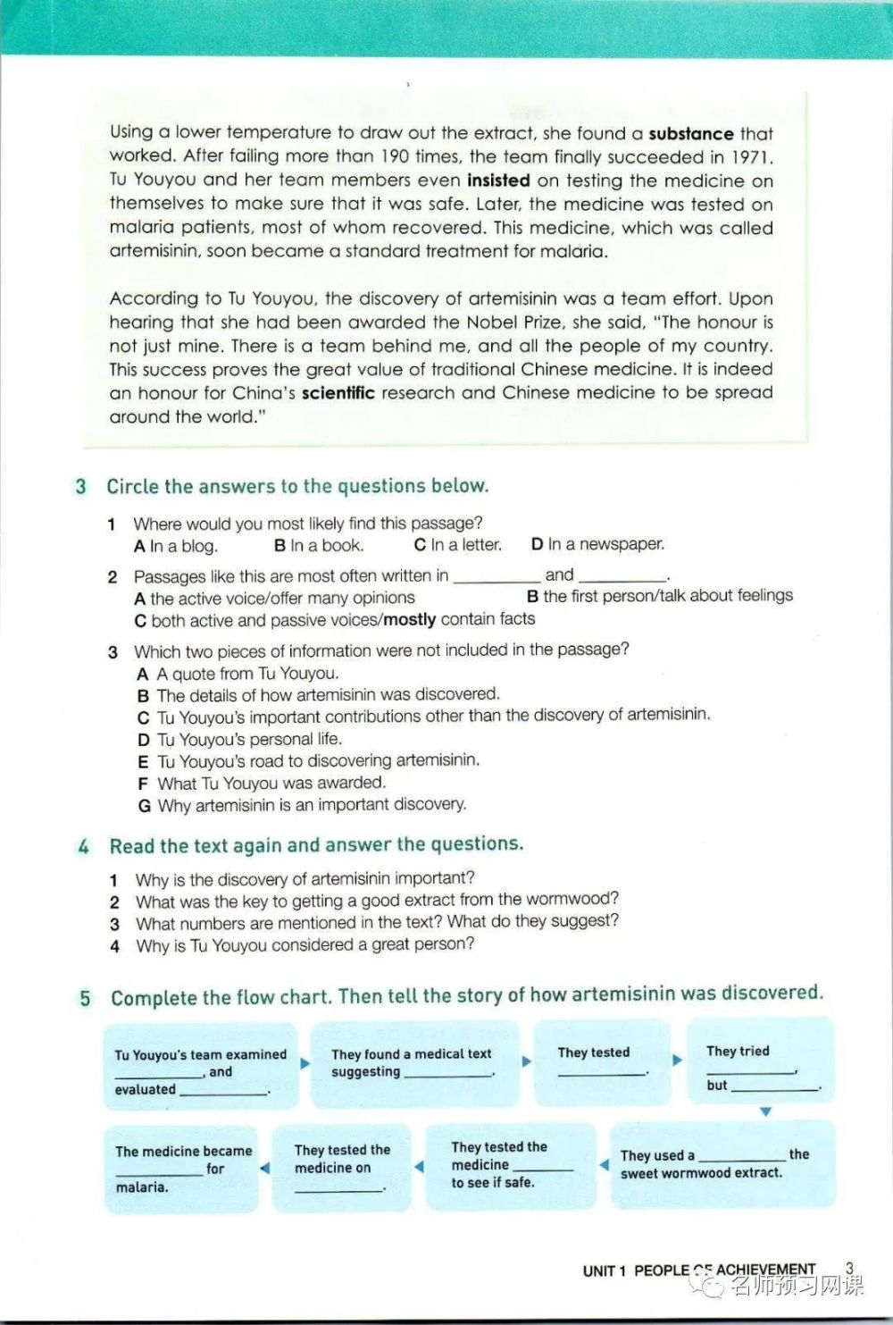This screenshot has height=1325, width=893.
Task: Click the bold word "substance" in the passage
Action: pyautogui.click(x=690, y=134)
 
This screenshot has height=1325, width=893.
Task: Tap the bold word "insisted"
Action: pyautogui.click(x=498, y=180)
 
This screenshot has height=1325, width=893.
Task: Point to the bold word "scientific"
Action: pyautogui.click(x=338, y=393)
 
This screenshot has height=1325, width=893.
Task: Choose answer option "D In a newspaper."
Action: pyautogui.click(x=597, y=544)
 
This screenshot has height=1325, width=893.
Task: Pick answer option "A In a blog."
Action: pyautogui.click(x=176, y=546)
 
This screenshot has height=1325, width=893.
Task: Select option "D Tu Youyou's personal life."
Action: pyautogui.click(x=239, y=740)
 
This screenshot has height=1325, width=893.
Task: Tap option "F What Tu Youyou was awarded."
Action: pyautogui.click(x=262, y=784)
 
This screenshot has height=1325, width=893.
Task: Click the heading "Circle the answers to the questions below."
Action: pyautogui.click(x=297, y=486)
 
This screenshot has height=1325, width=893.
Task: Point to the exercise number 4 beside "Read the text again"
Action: pyautogui.click(x=83, y=846)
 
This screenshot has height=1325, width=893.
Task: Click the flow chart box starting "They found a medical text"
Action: pyautogui.click(x=413, y=1063)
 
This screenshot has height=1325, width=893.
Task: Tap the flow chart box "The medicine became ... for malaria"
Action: pyautogui.click(x=182, y=1169)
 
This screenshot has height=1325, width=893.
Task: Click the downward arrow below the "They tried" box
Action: pyautogui.click(x=765, y=1112)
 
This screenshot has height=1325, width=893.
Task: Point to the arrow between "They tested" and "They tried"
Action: pyautogui.click(x=678, y=1061)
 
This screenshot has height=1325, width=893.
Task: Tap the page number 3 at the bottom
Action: pyautogui.click(x=849, y=1267)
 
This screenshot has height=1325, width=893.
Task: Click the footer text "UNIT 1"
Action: pyautogui.click(x=605, y=1270)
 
